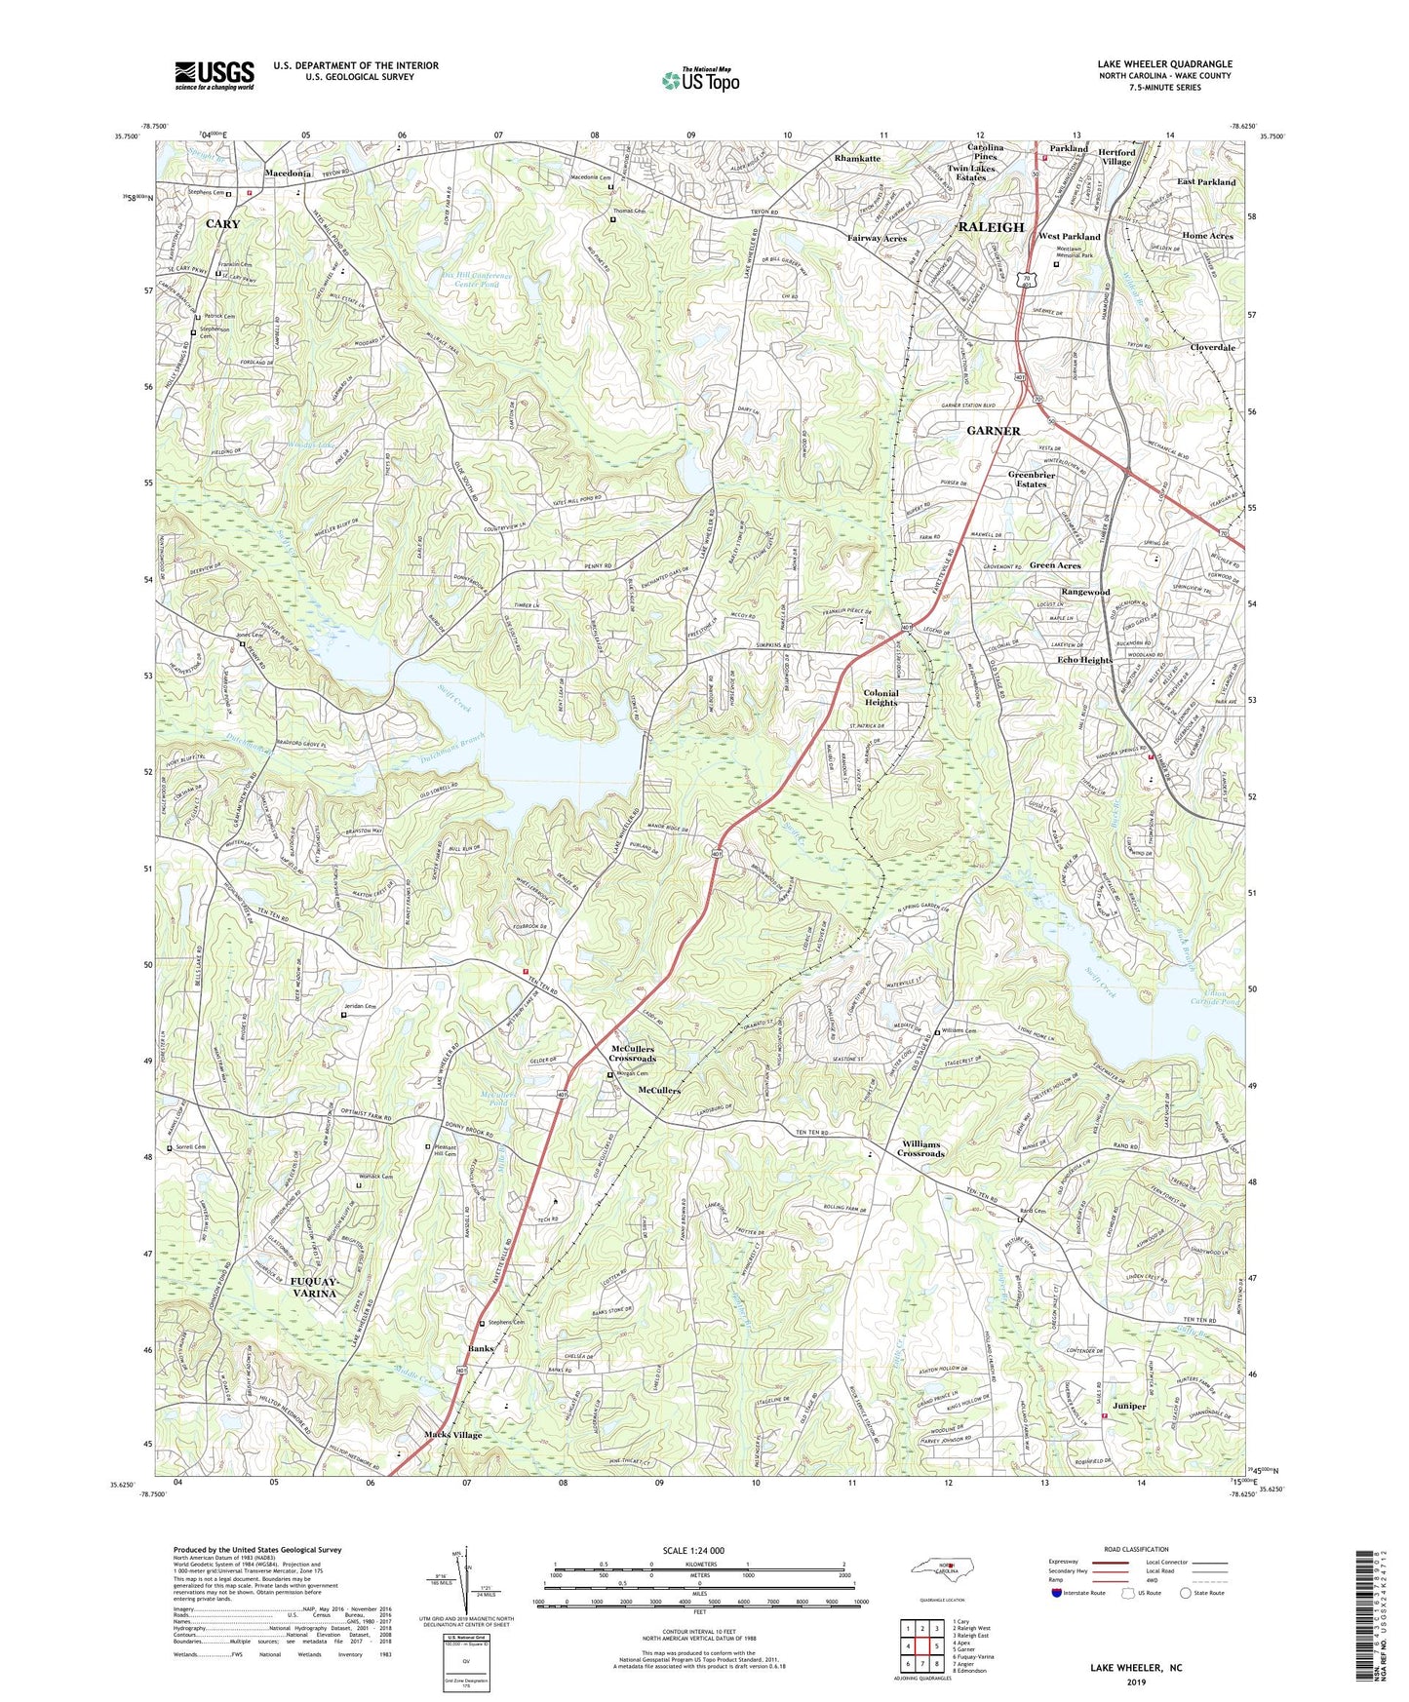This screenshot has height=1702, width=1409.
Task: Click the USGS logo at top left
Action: click(x=214, y=74)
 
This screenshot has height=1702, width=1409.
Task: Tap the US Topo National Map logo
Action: click(x=699, y=80)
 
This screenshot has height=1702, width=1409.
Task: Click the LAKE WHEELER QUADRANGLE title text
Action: click(x=1164, y=64)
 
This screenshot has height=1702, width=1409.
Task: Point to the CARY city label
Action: click(x=222, y=223)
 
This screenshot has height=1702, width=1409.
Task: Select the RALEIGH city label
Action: click(x=991, y=227)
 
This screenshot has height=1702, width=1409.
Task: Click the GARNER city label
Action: click(x=993, y=430)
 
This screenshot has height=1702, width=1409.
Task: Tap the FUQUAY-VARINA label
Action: click(x=314, y=1287)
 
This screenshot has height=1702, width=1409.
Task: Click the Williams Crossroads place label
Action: click(x=920, y=1148)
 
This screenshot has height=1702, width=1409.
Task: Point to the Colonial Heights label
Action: click(x=881, y=697)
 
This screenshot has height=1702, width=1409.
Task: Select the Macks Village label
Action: click(x=452, y=1435)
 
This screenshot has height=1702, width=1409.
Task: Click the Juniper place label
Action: click(x=1128, y=1406)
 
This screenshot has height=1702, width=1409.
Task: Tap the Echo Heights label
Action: click(x=1084, y=660)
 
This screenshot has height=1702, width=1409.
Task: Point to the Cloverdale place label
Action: click(x=1212, y=347)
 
